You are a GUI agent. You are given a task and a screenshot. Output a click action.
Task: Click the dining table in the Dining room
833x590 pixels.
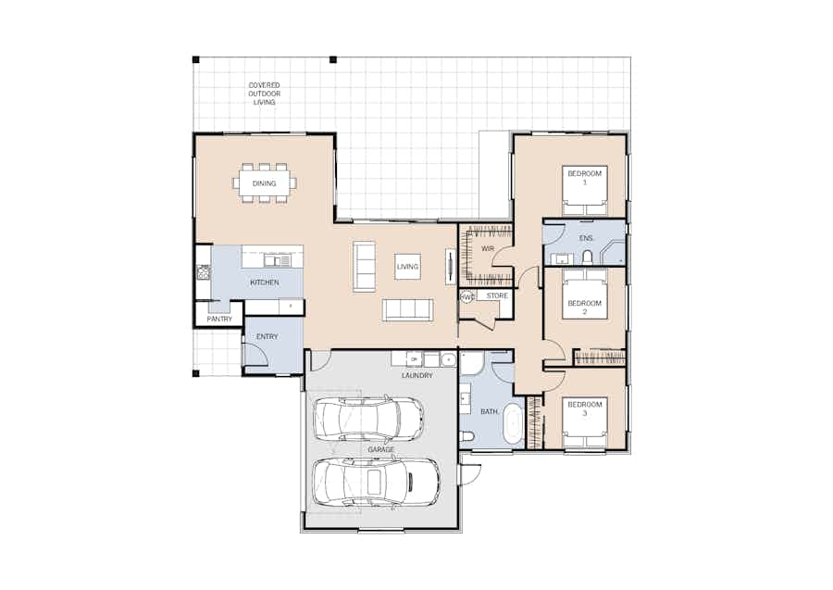[x=264, y=183]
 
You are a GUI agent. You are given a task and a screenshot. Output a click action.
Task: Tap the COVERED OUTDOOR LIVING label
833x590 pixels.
[x=264, y=94]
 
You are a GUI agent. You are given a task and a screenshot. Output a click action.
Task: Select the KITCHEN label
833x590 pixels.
[x=265, y=282]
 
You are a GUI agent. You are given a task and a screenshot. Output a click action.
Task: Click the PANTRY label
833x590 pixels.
[x=219, y=319]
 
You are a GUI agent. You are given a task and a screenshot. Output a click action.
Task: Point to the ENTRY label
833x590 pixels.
[x=267, y=336]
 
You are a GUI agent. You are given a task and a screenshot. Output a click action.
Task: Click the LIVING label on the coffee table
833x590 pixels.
[x=407, y=267]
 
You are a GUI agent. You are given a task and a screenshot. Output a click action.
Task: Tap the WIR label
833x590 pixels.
[x=487, y=248]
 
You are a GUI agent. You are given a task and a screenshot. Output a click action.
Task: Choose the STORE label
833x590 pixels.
[x=497, y=295]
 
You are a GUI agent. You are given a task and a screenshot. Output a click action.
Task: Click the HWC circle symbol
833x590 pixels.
[x=467, y=297]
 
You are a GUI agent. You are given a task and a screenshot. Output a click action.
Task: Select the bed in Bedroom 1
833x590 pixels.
[x=585, y=191]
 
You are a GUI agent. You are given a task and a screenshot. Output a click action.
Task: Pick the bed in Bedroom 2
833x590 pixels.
[x=585, y=294]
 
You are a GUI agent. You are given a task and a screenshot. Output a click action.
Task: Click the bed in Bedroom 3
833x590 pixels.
[x=585, y=422]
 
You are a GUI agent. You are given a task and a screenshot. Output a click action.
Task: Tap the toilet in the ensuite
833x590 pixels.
[x=587, y=257]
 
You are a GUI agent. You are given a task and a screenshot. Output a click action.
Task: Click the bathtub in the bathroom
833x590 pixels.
[x=512, y=423]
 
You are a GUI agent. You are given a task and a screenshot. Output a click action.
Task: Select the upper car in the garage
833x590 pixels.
[x=369, y=418]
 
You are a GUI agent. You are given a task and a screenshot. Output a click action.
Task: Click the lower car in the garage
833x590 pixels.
[x=376, y=483]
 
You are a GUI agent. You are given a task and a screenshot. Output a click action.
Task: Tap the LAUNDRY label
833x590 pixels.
[x=417, y=375]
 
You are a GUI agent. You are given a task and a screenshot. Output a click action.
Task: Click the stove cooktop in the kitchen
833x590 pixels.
[x=204, y=272]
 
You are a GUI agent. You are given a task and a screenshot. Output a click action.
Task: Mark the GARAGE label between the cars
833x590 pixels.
[x=381, y=449]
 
